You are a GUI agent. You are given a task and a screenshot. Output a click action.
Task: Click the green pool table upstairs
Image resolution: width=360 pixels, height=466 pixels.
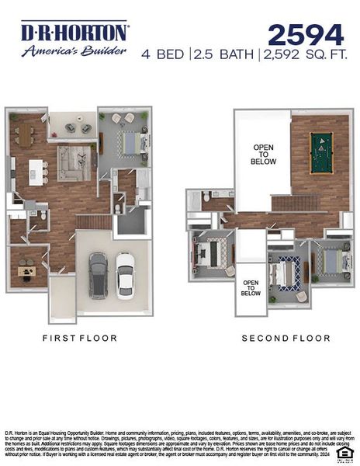[x=320, y=153]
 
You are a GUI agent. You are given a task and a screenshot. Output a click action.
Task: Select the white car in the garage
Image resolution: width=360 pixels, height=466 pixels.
[x=125, y=274]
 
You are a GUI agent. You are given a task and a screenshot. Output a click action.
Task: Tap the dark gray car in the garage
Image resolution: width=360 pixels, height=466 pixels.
[x=98, y=275]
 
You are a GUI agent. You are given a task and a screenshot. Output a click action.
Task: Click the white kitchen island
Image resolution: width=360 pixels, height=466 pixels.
[x=36, y=172]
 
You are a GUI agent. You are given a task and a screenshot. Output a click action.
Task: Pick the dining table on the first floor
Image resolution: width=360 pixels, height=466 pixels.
[x=25, y=134]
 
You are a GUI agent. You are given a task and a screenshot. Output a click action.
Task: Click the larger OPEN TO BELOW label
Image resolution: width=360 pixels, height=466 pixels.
[x=263, y=154]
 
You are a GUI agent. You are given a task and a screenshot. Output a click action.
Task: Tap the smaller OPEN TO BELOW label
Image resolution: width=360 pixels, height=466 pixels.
[x=251, y=288]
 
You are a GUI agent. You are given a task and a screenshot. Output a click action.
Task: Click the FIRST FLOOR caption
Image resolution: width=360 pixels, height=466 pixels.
[x=80, y=338]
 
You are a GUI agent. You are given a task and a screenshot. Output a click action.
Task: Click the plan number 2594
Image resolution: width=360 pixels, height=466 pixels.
[x=306, y=35]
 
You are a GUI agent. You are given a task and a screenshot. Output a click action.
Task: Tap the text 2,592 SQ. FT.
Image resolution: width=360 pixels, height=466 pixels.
[x=303, y=54]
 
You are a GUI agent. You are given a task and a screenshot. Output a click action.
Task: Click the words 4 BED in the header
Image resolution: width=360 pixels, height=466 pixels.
[x=163, y=54]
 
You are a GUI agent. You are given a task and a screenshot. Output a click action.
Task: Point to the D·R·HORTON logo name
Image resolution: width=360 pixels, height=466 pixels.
[x=74, y=32]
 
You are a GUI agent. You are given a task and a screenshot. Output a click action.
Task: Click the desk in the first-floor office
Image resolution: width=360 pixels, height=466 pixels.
[x=28, y=271]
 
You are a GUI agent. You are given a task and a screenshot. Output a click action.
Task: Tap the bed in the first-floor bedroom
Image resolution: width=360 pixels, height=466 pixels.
[x=129, y=143]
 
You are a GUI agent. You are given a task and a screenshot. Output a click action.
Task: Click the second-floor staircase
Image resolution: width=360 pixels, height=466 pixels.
[x=294, y=203]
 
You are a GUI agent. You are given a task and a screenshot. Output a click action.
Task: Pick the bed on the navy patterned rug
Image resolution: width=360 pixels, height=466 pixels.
[x=289, y=273]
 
